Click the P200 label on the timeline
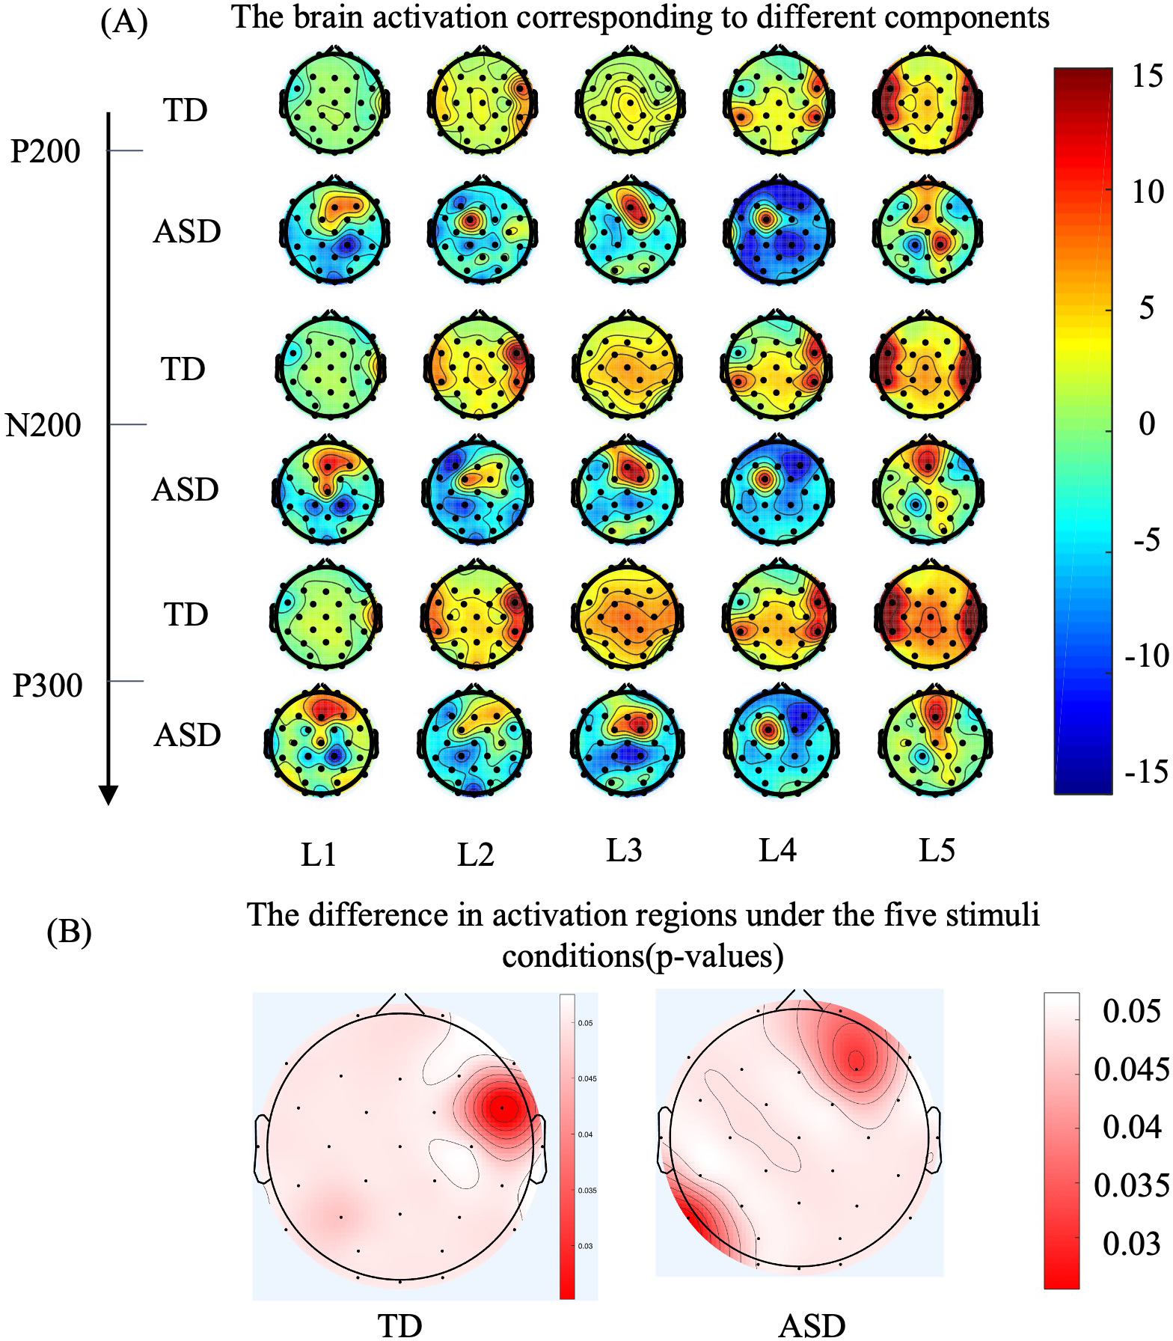click(x=46, y=152)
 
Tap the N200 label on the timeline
click(x=43, y=426)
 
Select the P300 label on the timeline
click(x=47, y=685)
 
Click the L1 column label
click(x=319, y=854)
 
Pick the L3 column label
click(x=624, y=850)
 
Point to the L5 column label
click(x=937, y=850)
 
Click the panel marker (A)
click(x=124, y=23)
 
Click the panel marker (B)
click(x=69, y=932)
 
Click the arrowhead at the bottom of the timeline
click(x=108, y=795)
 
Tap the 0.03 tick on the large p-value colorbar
click(x=1131, y=1243)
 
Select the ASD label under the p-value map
click(x=812, y=1327)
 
